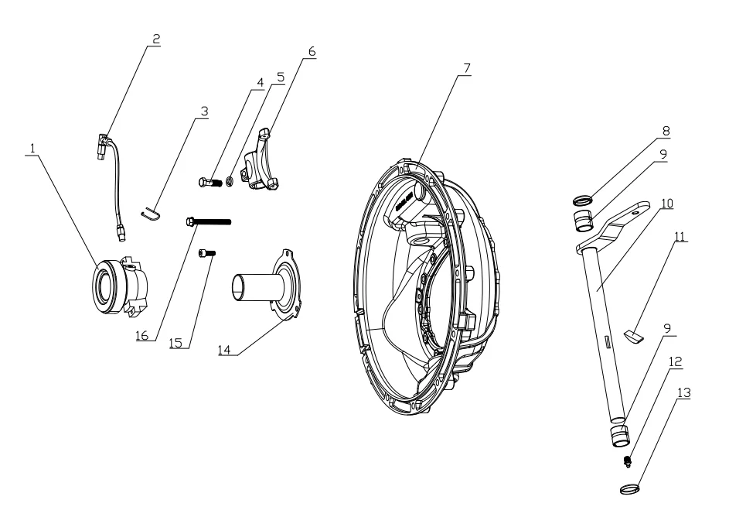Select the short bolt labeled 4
212,183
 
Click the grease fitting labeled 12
628,463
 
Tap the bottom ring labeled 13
631,488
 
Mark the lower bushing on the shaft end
620,435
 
